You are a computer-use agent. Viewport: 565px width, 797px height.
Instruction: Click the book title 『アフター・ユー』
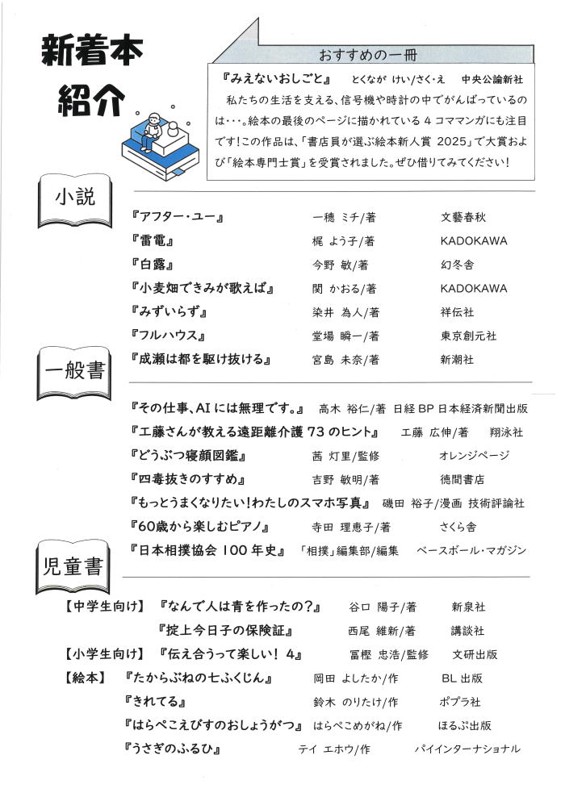(175, 217)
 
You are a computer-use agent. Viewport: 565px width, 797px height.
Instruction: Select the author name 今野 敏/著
(340, 265)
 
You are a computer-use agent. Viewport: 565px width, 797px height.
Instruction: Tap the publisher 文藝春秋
(463, 217)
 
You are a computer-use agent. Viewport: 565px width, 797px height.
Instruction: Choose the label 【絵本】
(84, 678)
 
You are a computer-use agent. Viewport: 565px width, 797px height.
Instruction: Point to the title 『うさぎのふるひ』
(174, 749)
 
